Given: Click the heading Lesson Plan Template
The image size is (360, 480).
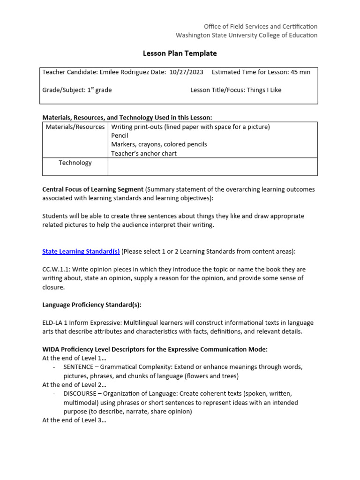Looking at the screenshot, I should (180, 53).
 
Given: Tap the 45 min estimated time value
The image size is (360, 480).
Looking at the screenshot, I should (300, 72).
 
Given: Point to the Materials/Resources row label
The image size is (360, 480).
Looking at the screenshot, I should (75, 127).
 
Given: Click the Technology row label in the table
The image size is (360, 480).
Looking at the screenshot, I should (75, 163).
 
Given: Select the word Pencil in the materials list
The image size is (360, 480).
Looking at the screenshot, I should (120, 136).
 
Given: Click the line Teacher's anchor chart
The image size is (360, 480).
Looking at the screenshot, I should (144, 154).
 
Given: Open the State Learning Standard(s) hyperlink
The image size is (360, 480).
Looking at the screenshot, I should (81, 251).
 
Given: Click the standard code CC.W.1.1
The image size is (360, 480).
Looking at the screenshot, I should (55, 269).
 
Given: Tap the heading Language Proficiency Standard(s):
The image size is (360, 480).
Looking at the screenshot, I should (92, 305).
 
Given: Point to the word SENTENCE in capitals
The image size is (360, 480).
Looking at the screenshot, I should (78, 367).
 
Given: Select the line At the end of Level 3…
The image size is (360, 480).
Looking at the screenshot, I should (74, 420).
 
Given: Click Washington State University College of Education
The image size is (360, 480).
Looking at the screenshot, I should (246, 35).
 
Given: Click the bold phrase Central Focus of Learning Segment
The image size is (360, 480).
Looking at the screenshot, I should (93, 189).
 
